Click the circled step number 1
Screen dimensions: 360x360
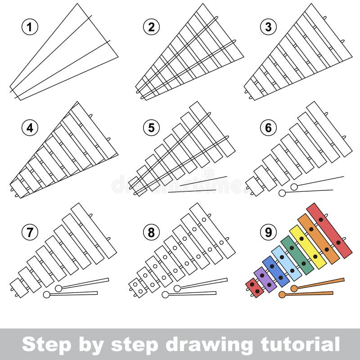[29, 27]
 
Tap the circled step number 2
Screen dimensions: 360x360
[151, 27]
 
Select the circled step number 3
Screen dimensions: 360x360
[268, 27]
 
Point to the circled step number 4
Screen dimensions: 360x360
[29, 128]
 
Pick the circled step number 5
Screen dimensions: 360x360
[151, 128]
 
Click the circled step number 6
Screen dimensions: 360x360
[268, 128]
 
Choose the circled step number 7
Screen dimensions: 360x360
[29, 232]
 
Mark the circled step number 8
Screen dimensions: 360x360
[151, 232]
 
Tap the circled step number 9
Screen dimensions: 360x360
[268, 232]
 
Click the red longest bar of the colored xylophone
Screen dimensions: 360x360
[329, 230]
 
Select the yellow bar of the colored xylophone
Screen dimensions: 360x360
[307, 247]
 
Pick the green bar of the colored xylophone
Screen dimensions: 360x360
[297, 255]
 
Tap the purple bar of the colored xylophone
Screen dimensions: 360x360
[265, 280]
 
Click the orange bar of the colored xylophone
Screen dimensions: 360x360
[318, 238]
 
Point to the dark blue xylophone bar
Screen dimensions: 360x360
[275, 271]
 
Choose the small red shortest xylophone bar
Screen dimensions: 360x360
[255, 288]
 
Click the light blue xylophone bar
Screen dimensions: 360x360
[286, 263]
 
